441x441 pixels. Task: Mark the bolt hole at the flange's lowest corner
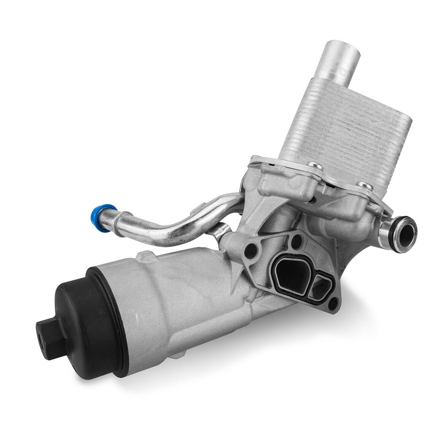332,304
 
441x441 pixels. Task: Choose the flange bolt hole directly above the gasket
297,240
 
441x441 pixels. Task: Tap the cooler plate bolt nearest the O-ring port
364,186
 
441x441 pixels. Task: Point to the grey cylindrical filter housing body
176,300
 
